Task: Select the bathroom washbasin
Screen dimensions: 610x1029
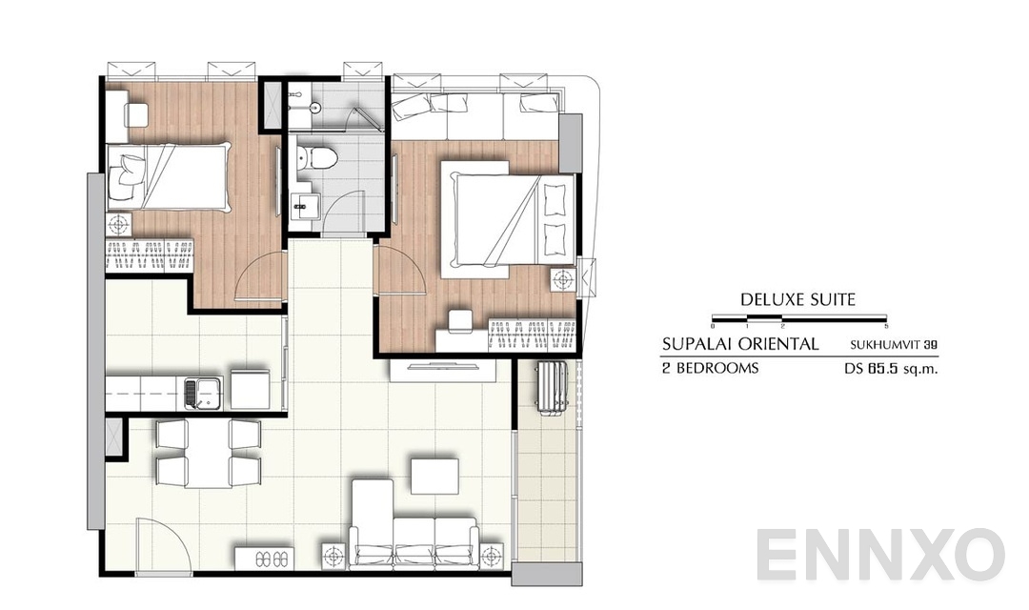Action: pos(305,205)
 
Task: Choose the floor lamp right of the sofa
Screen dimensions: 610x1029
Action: pos(491,555)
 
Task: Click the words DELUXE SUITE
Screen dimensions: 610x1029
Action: pos(797,299)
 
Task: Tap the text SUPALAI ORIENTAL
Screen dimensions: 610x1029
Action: pos(740,344)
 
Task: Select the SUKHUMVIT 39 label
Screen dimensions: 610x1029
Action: pos(894,345)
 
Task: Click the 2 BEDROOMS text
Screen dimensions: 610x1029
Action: pos(710,368)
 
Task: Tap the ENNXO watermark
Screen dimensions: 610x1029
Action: pos(880,556)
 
